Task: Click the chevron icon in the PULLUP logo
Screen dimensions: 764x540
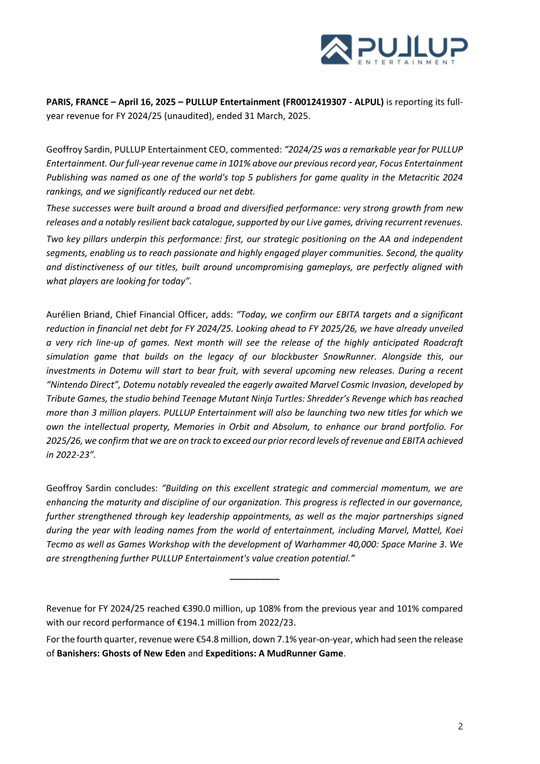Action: coord(337,49)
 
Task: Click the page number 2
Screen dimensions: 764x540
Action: coord(460,727)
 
